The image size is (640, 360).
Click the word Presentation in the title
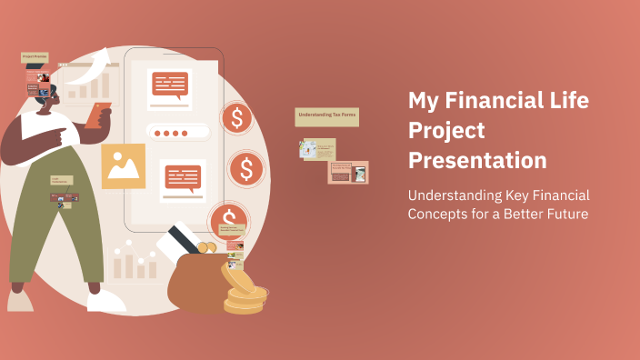[477, 161]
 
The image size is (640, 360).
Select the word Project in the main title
[446, 131]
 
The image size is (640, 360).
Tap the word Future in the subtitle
[562, 215]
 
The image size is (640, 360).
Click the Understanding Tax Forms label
[327, 117]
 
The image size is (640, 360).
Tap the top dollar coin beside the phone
[237, 117]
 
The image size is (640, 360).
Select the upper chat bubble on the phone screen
[169, 85]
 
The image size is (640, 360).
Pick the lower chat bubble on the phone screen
[183, 176]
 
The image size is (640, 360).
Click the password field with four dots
[170, 133]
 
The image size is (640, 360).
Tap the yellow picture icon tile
[123, 165]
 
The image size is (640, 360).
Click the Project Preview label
[35, 56]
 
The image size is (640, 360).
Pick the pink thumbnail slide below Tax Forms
[348, 172]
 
